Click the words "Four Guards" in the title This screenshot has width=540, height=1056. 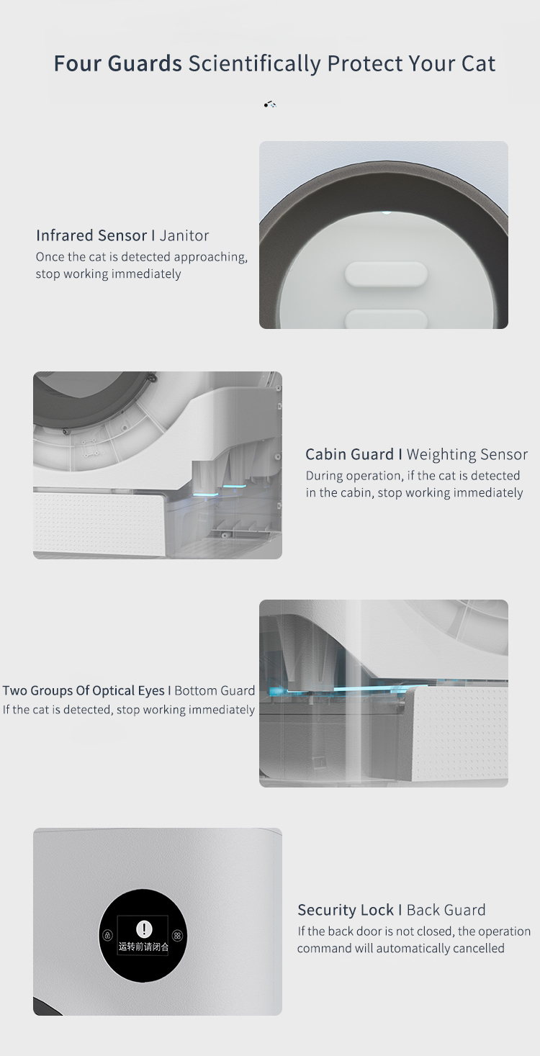click(x=117, y=63)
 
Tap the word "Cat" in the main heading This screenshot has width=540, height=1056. click(x=478, y=63)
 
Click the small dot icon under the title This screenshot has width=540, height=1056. click(x=270, y=104)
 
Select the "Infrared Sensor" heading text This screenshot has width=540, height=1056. click(x=92, y=235)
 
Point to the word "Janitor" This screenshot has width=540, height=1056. click(x=184, y=235)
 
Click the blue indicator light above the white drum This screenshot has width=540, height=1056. click(x=386, y=212)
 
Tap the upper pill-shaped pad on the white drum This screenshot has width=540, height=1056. click(x=386, y=274)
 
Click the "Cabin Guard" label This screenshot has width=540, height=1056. click(x=349, y=454)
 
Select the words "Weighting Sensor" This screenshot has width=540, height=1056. click(x=467, y=454)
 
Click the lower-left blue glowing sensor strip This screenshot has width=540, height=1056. click(x=206, y=495)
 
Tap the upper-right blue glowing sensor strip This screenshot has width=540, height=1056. click(x=235, y=486)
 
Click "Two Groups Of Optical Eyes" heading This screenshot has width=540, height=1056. click(x=84, y=690)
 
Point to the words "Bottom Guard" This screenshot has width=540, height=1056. click(x=215, y=690)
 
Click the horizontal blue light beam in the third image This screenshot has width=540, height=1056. click(x=349, y=689)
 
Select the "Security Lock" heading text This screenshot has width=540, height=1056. click(x=346, y=910)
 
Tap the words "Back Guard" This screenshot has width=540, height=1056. click(x=446, y=910)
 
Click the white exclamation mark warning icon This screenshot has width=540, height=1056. click(x=144, y=929)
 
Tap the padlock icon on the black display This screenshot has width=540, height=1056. click(x=107, y=935)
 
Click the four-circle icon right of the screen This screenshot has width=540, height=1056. click(x=177, y=935)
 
